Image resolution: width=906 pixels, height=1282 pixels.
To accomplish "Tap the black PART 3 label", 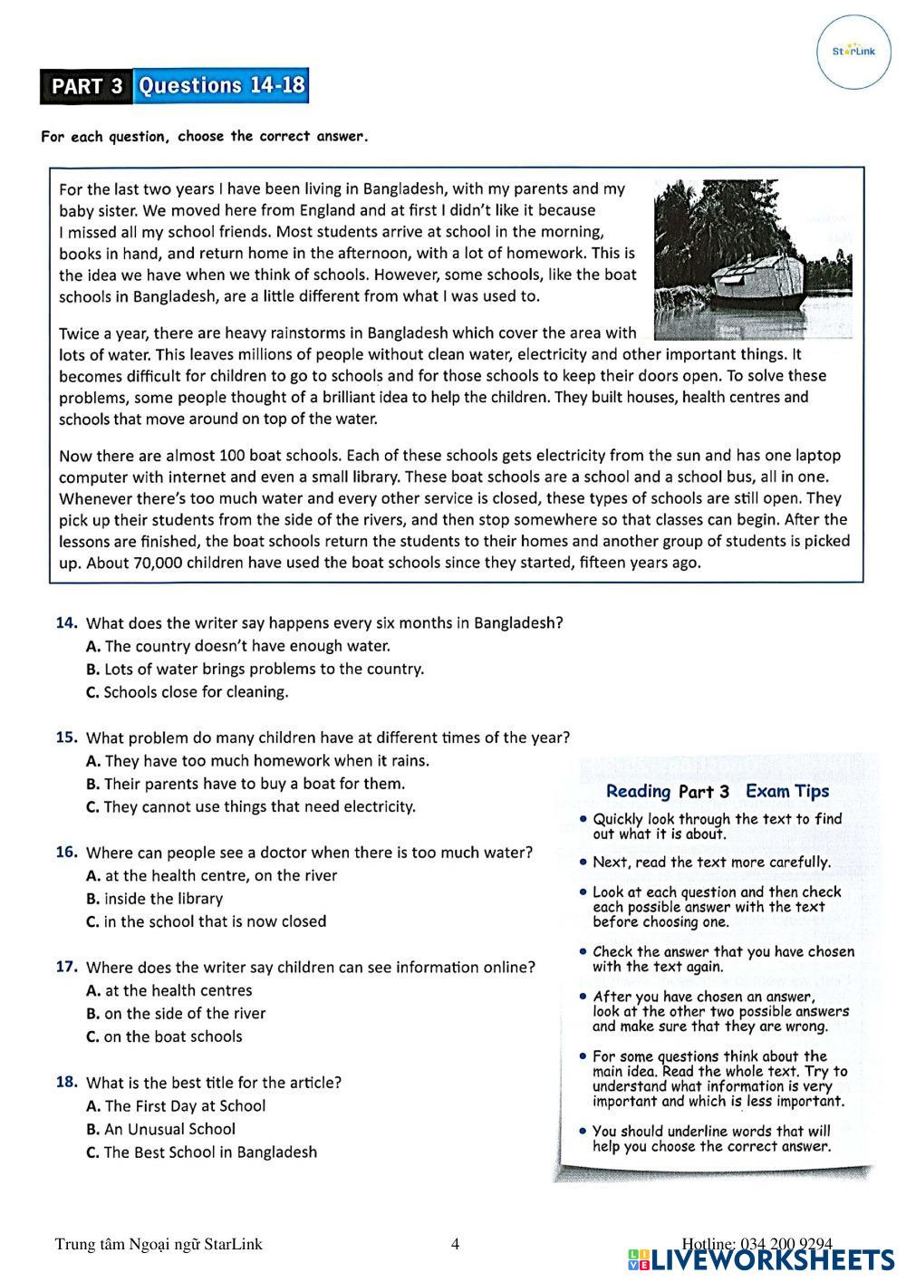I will coord(86,87).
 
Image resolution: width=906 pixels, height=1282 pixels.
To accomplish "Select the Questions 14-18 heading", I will coord(221,86).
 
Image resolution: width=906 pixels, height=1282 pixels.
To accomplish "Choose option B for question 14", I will coord(92,670).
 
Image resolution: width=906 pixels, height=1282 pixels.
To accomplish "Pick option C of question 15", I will coord(92,807).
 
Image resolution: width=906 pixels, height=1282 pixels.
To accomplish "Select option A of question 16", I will coord(92,876).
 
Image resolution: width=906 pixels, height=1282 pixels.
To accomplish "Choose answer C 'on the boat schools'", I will coord(172,1037).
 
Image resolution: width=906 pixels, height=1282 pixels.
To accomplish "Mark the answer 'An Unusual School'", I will coord(169,1130).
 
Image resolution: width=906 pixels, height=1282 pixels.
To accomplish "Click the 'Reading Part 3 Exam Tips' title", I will coord(717,792).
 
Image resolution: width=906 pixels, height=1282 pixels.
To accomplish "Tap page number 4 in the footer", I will coord(455,1244).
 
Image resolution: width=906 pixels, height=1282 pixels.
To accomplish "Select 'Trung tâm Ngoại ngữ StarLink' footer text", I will coord(159,1244).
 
